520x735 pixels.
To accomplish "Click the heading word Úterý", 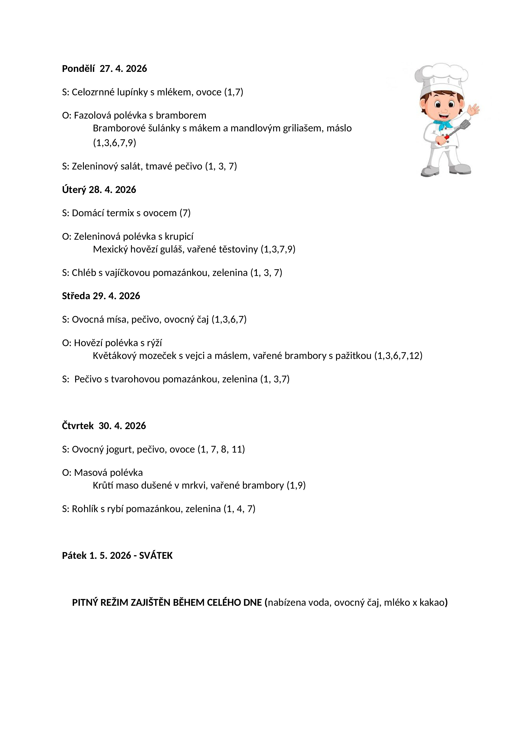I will (x=74, y=190).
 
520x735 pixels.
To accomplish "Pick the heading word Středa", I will (x=76, y=296).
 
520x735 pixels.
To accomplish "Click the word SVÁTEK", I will (x=156, y=555).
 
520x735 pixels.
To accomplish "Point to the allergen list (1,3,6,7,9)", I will (x=114, y=142).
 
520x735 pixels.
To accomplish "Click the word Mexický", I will (x=110, y=249).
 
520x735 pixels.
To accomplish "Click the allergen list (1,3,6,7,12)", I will (x=398, y=356).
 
